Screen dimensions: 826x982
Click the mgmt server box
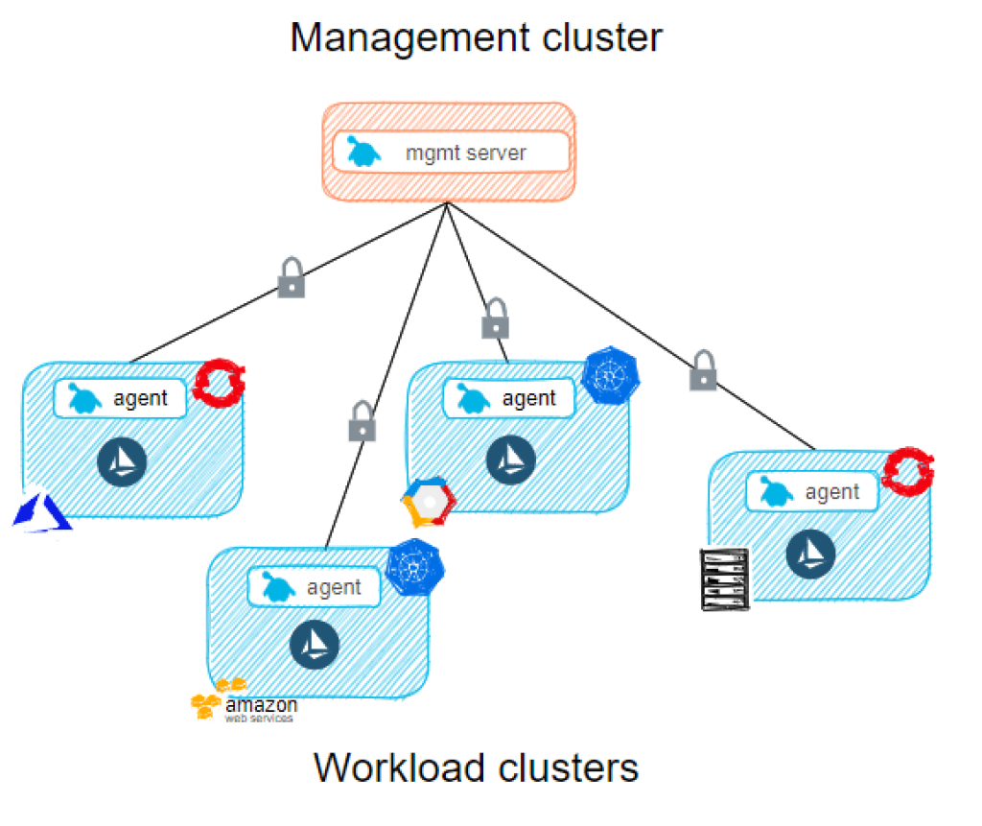click(x=451, y=152)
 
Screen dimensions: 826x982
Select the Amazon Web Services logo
click(x=244, y=701)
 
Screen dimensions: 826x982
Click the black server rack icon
click(x=723, y=578)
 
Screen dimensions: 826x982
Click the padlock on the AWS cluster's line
click(x=362, y=422)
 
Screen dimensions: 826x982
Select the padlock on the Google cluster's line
click(x=495, y=319)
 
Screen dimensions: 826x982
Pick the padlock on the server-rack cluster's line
click(x=703, y=371)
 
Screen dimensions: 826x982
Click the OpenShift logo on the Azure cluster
click(x=220, y=383)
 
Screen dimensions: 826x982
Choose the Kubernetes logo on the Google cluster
click(x=611, y=377)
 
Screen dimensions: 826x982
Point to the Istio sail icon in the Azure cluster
click(x=122, y=462)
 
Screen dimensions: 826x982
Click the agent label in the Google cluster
click(x=528, y=398)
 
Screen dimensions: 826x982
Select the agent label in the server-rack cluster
click(x=831, y=492)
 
